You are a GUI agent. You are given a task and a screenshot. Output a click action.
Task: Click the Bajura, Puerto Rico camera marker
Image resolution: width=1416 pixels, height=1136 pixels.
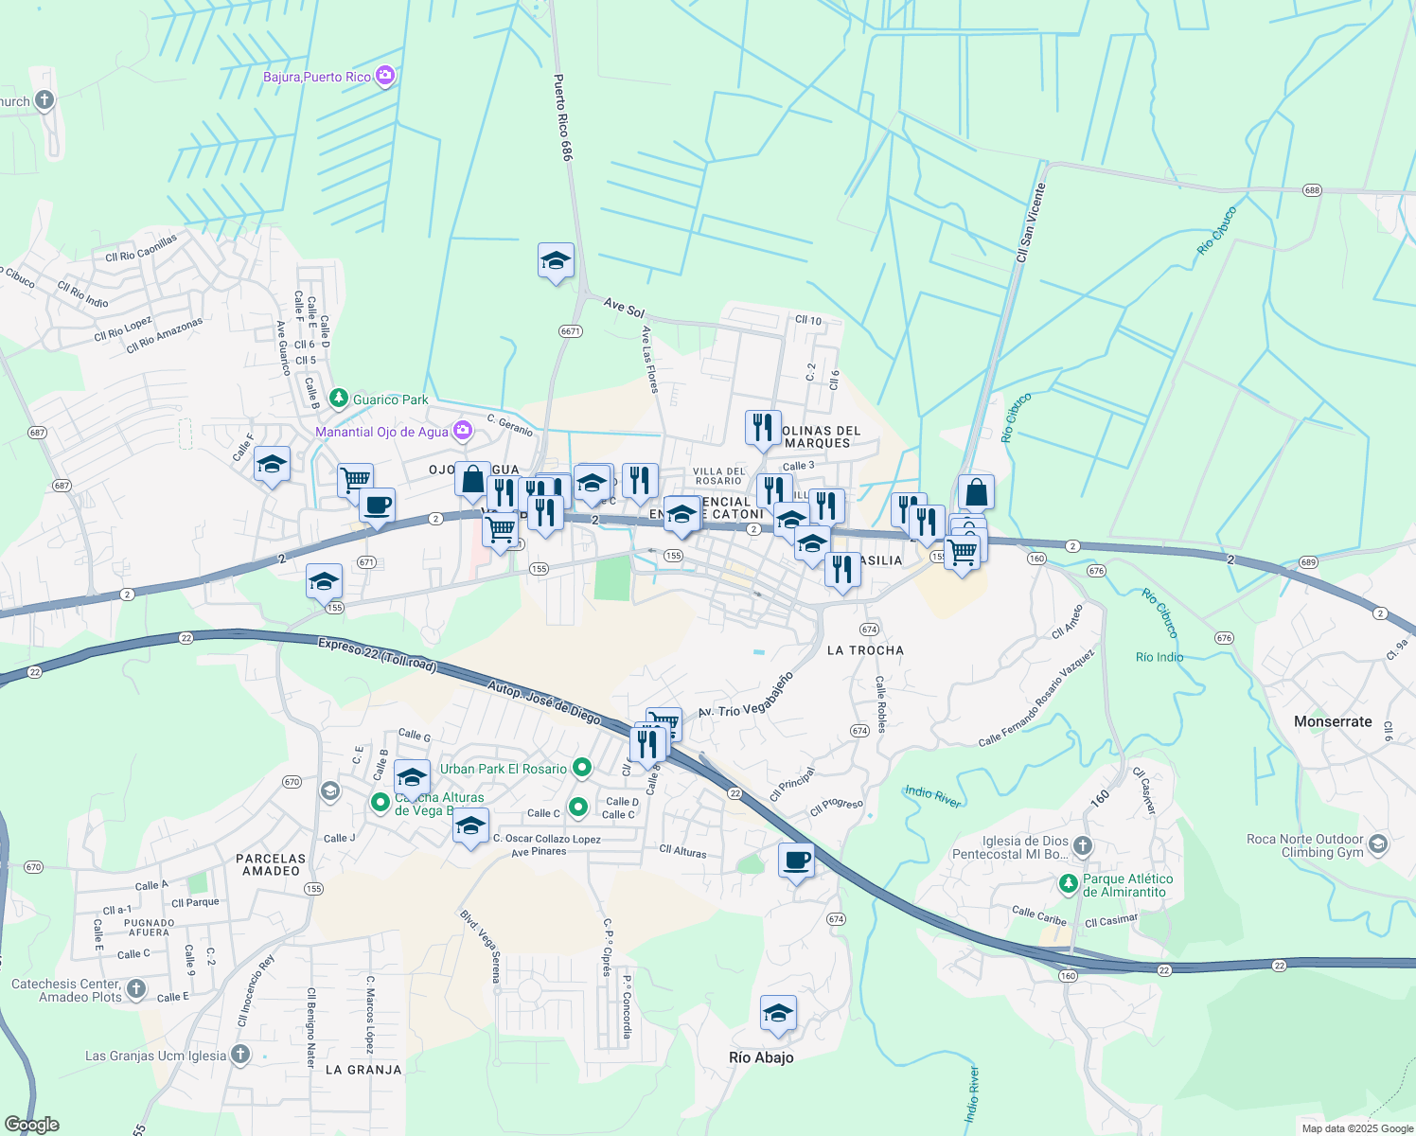[x=385, y=76]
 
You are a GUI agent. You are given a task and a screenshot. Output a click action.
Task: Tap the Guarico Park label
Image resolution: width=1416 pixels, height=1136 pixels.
[x=390, y=399]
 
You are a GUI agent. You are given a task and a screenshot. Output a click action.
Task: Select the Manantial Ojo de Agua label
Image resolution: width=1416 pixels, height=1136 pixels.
[x=381, y=432]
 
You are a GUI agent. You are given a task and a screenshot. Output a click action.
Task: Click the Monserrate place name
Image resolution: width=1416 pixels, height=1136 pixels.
[x=1333, y=721]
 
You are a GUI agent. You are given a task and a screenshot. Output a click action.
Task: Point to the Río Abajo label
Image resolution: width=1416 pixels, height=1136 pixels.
[x=761, y=1057]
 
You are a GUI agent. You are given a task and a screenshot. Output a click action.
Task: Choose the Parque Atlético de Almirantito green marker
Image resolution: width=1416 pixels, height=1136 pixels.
[x=1069, y=883]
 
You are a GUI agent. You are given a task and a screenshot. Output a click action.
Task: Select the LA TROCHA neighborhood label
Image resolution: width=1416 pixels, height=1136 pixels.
[x=865, y=650]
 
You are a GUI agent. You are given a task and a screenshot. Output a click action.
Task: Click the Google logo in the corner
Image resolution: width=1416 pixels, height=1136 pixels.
[x=32, y=1125]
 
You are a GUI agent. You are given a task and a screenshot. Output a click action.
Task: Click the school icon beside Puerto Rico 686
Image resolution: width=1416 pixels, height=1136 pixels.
[x=556, y=260]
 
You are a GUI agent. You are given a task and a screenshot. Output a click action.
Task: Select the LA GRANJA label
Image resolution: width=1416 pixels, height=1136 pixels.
[x=363, y=1070]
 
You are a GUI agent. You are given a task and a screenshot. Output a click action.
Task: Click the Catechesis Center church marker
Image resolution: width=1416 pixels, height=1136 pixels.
[x=136, y=989]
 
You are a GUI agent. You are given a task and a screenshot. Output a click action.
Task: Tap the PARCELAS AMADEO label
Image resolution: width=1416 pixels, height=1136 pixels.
[x=271, y=864]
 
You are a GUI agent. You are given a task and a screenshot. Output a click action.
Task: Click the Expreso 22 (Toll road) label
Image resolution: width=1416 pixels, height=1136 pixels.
[x=378, y=654]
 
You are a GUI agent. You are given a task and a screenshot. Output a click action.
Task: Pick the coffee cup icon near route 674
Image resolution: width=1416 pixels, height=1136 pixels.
[x=796, y=861]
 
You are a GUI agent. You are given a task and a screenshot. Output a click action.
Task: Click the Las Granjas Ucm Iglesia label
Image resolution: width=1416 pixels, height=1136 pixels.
[x=156, y=1056]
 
